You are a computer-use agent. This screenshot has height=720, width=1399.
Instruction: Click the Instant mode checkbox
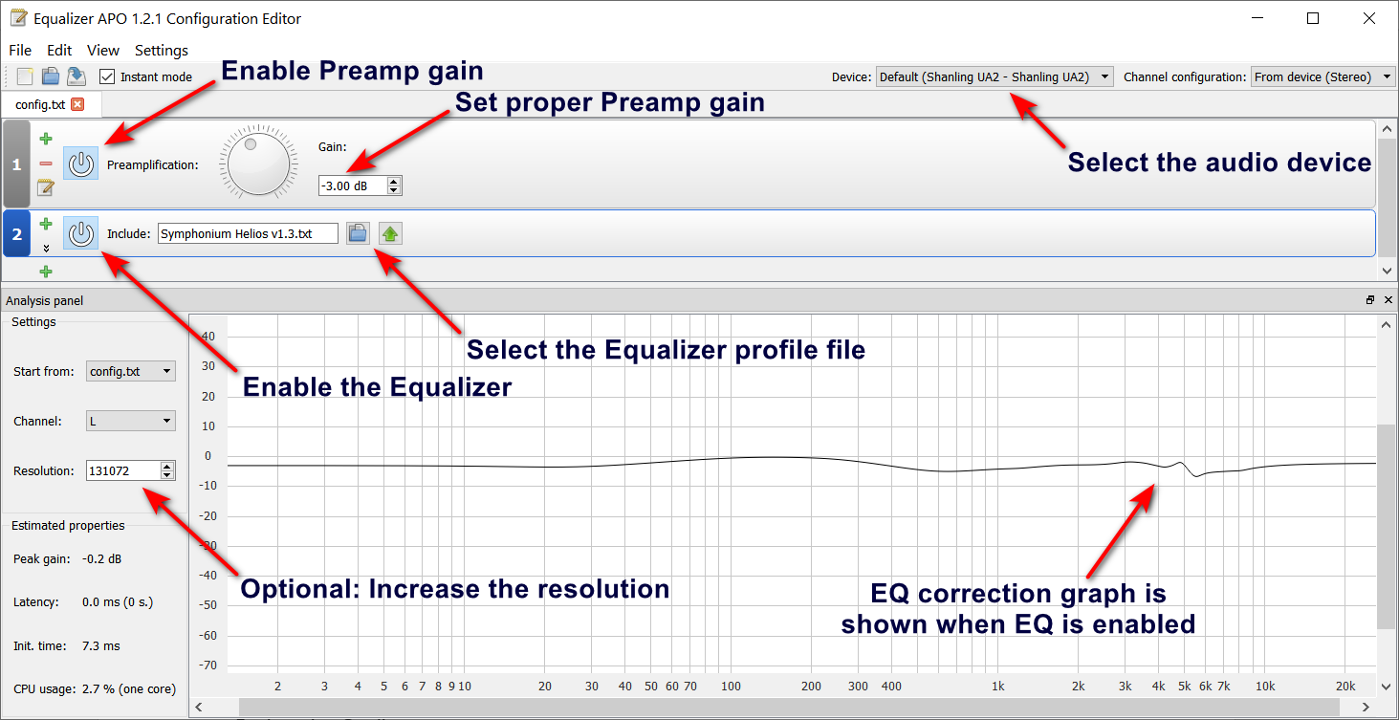click(107, 76)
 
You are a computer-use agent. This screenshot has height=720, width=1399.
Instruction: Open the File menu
click(20, 50)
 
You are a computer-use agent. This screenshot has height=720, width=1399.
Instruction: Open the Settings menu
click(162, 50)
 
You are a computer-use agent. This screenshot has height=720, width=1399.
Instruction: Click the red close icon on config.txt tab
click(77, 104)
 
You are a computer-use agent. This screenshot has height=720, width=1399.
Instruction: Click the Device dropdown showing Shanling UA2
click(995, 76)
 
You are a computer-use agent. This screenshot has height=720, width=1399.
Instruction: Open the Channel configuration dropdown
click(1322, 76)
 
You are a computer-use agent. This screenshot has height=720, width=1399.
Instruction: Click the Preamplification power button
click(80, 164)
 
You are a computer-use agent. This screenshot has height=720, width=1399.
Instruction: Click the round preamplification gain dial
click(258, 164)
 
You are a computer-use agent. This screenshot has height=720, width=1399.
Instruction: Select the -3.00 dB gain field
click(354, 185)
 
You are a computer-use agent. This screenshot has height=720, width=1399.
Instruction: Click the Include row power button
click(80, 233)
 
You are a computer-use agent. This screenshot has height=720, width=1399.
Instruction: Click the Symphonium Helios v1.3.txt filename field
click(248, 233)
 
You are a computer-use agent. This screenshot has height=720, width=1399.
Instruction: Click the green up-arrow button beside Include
click(390, 233)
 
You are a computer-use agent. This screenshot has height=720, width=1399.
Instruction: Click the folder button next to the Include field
click(358, 233)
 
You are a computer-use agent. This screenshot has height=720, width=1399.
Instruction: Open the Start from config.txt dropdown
click(131, 371)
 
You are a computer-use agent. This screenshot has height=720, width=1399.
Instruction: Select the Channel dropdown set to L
click(131, 421)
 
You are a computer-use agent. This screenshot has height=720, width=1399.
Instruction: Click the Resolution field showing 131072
click(123, 470)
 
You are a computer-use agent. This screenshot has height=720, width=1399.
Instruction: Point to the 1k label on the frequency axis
click(998, 687)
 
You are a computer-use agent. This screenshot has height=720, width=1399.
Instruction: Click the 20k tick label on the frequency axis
click(1345, 687)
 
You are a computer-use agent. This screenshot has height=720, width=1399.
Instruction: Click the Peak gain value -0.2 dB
click(101, 559)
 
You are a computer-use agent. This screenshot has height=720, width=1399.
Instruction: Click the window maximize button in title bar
click(1313, 19)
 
